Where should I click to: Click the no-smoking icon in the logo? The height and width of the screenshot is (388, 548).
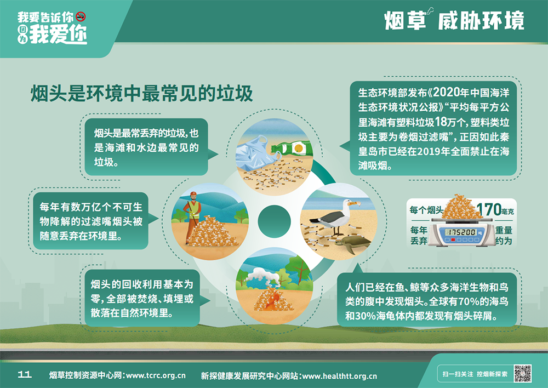(81, 16)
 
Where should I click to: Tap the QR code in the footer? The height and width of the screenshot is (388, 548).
(523, 373)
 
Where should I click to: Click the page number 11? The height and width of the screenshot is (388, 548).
(25, 375)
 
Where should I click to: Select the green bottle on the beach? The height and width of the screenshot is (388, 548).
(292, 148)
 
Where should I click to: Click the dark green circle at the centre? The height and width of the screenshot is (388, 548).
(275, 221)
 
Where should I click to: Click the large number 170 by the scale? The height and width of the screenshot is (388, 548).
(489, 209)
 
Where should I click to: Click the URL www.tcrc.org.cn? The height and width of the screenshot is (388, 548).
(156, 375)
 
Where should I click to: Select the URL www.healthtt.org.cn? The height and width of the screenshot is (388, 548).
(340, 376)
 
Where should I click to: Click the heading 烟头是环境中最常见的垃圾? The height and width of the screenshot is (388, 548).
(141, 93)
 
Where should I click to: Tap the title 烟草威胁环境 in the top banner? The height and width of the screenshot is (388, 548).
(454, 20)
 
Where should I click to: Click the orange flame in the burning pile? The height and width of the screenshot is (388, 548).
(272, 300)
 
